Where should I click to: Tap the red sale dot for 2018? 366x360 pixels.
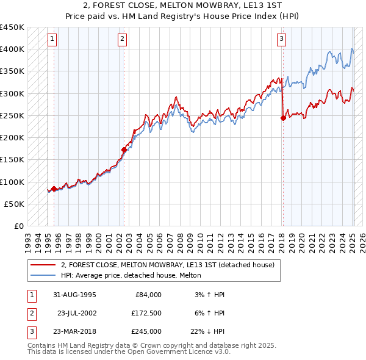click(x=283, y=118)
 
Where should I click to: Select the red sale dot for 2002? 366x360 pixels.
click(x=124, y=149)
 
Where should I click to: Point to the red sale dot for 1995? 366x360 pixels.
click(x=54, y=189)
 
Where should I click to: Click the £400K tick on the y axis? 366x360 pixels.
click(x=12, y=49)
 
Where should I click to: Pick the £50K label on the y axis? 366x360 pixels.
click(x=15, y=204)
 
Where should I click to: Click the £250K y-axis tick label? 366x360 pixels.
click(x=12, y=115)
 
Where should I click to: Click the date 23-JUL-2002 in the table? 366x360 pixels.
click(x=76, y=313)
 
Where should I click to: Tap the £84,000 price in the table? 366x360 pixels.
click(x=147, y=295)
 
